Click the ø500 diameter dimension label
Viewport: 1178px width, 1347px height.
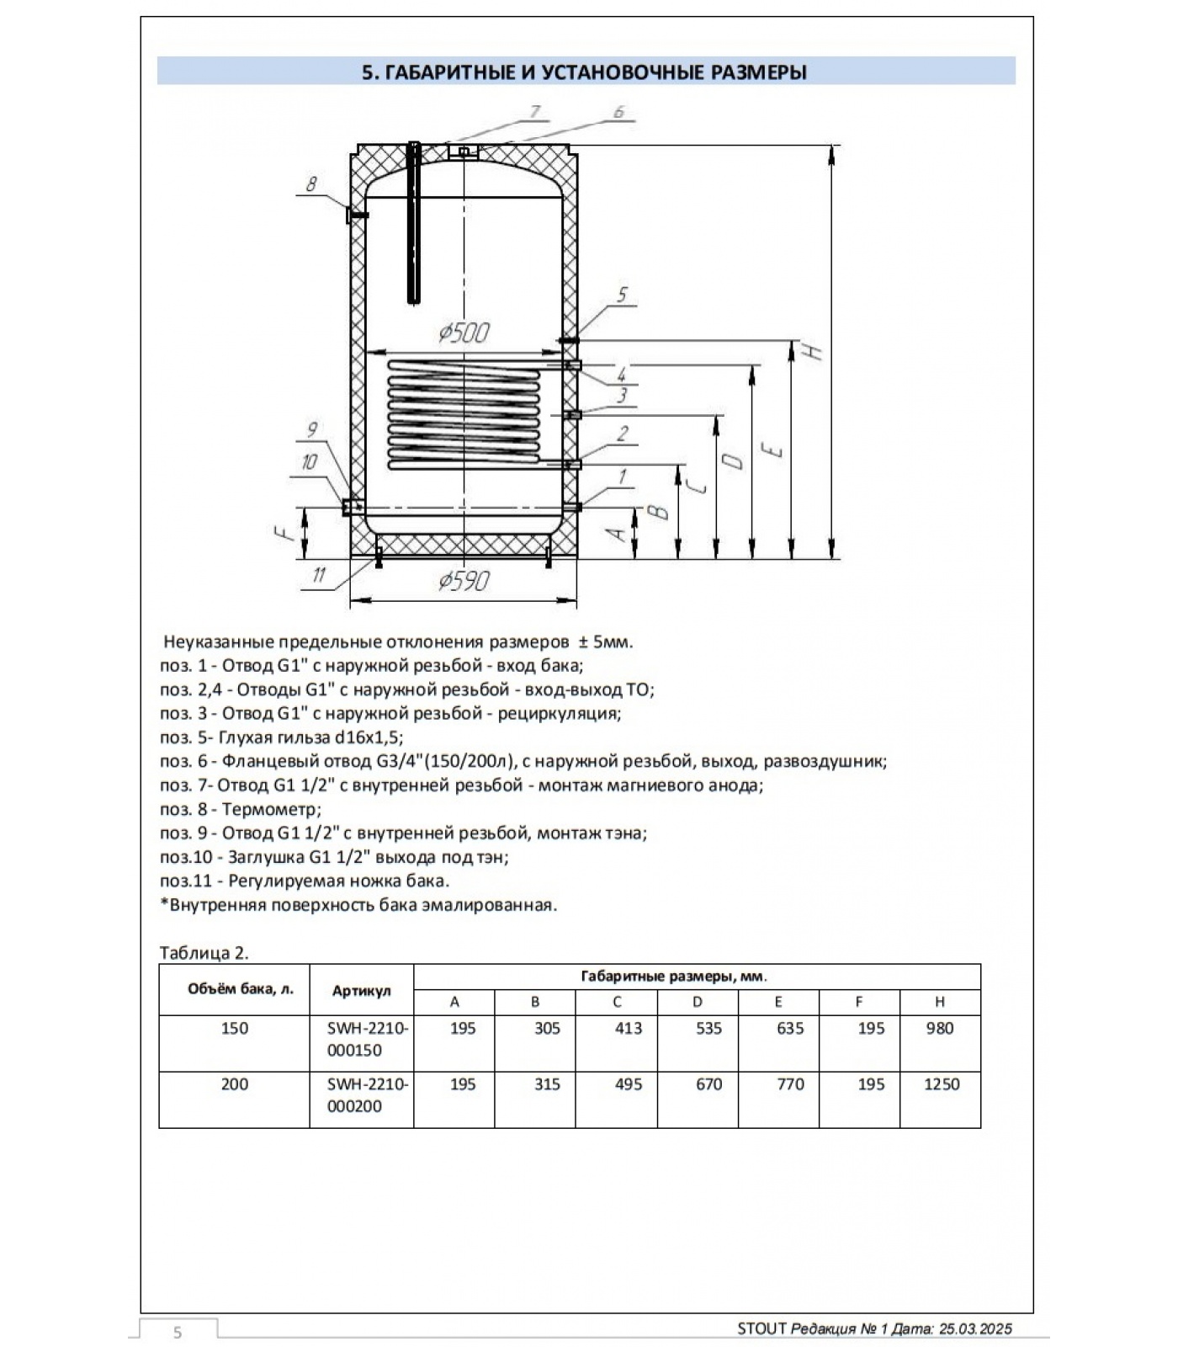tap(464, 333)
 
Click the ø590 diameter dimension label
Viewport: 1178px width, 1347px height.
tap(464, 580)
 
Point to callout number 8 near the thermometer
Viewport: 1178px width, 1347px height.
tap(310, 184)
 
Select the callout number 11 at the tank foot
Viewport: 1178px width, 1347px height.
tap(319, 575)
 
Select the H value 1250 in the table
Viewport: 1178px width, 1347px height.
tap(941, 1084)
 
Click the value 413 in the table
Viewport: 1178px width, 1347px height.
tap(629, 1028)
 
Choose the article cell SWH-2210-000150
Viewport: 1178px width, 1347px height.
tap(367, 1039)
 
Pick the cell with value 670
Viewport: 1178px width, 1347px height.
tap(708, 1084)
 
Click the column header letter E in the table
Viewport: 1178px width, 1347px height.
tap(778, 1002)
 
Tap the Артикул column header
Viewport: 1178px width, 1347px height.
tap(362, 991)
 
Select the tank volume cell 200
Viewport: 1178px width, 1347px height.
tap(234, 1084)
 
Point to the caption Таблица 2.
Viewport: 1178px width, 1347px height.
tap(204, 953)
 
